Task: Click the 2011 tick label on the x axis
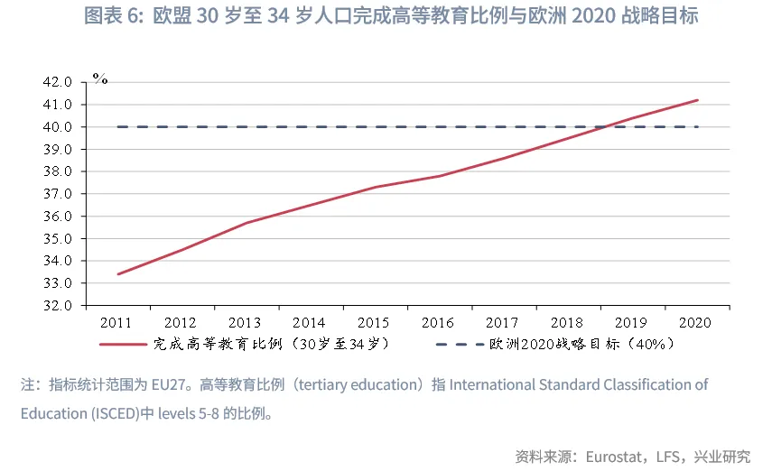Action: pos(117,322)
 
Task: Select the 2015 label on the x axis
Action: pos(374,322)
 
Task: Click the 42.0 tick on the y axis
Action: pos(57,82)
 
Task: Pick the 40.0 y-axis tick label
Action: pos(57,127)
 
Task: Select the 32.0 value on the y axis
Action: pos(57,306)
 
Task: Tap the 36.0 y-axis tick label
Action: pos(57,217)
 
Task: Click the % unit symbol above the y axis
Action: pos(100,78)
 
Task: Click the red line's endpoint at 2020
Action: pos(697,100)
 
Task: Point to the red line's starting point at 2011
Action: pos(118,274)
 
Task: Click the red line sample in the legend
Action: pos(123,344)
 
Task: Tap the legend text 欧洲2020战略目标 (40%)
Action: pos(577,344)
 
